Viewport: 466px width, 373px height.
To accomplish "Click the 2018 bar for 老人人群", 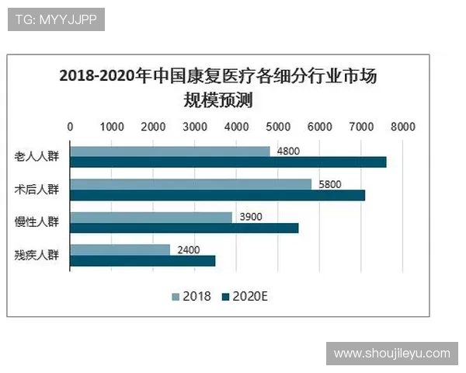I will point(170,152).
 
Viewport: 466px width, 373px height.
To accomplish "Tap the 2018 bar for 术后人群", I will point(190,184).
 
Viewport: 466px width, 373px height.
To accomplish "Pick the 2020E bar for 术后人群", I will point(217,195).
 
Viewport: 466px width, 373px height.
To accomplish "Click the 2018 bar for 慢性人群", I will point(151,218).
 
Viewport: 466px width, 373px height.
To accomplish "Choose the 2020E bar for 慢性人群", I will point(184,228).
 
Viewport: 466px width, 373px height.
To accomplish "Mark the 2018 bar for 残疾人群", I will point(120,249).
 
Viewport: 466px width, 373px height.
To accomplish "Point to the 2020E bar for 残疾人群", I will point(143,260).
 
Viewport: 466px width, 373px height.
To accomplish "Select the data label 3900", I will point(250,218).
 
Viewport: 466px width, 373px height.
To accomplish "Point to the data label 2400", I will point(188,249).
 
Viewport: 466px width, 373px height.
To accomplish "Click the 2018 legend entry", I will point(191,295).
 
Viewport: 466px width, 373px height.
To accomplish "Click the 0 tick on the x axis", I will point(71,126).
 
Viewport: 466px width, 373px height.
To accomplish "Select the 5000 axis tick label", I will point(278,126).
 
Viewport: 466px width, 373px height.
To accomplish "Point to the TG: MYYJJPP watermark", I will point(56,19).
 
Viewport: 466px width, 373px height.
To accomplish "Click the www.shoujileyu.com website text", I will point(391,354).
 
